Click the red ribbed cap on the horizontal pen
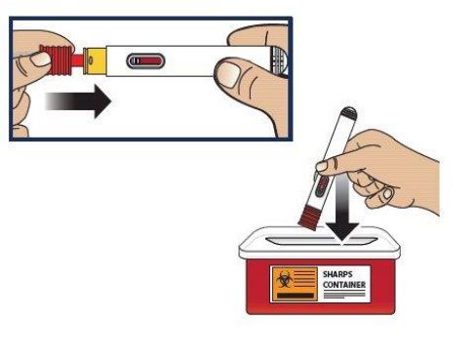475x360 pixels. (x=56, y=60)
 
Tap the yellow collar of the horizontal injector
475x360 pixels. (x=95, y=61)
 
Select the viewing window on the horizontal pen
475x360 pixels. (x=145, y=61)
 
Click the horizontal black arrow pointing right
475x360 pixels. (x=78, y=101)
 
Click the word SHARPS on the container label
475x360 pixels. (x=337, y=274)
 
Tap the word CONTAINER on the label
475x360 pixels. (x=344, y=285)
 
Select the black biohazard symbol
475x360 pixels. (x=284, y=279)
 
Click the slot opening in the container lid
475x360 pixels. (x=321, y=241)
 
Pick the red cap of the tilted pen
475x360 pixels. (x=309, y=218)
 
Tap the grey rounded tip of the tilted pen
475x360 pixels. (x=348, y=112)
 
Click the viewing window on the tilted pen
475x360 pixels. (x=322, y=186)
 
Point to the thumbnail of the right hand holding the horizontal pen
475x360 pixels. (x=228, y=74)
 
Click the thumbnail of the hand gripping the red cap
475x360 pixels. (x=40, y=60)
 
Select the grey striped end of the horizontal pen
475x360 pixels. (x=279, y=60)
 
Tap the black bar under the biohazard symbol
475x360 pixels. (x=296, y=296)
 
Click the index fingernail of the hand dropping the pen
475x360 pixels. (x=322, y=166)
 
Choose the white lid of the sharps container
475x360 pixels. (x=320, y=243)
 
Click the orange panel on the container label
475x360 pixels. (x=295, y=284)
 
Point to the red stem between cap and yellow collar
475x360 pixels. (x=78, y=60)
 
